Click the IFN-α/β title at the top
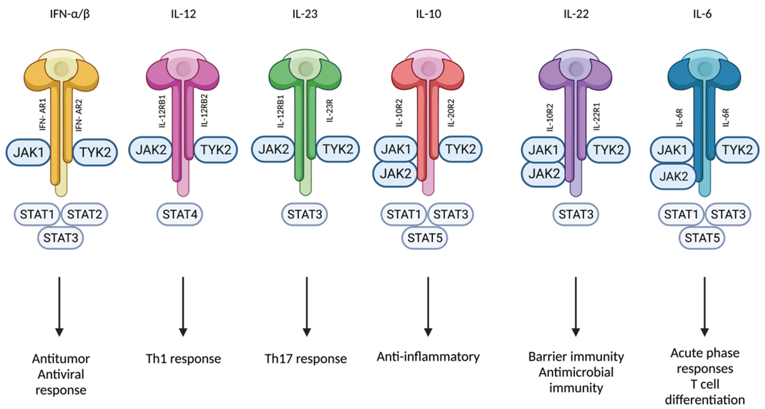(70, 14)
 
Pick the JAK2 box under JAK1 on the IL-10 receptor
(395, 174)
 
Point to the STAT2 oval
(84, 214)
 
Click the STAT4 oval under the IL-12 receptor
(180, 214)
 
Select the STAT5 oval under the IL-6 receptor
(702, 238)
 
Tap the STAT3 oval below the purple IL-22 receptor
(576, 214)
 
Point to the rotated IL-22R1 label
(597, 117)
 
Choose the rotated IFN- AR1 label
(43, 115)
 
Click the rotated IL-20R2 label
(451, 113)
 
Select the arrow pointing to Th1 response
(183, 306)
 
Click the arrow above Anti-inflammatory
(428, 306)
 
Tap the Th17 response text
(305, 359)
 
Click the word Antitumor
(61, 359)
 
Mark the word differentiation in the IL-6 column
(705, 400)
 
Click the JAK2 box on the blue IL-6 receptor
(673, 177)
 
